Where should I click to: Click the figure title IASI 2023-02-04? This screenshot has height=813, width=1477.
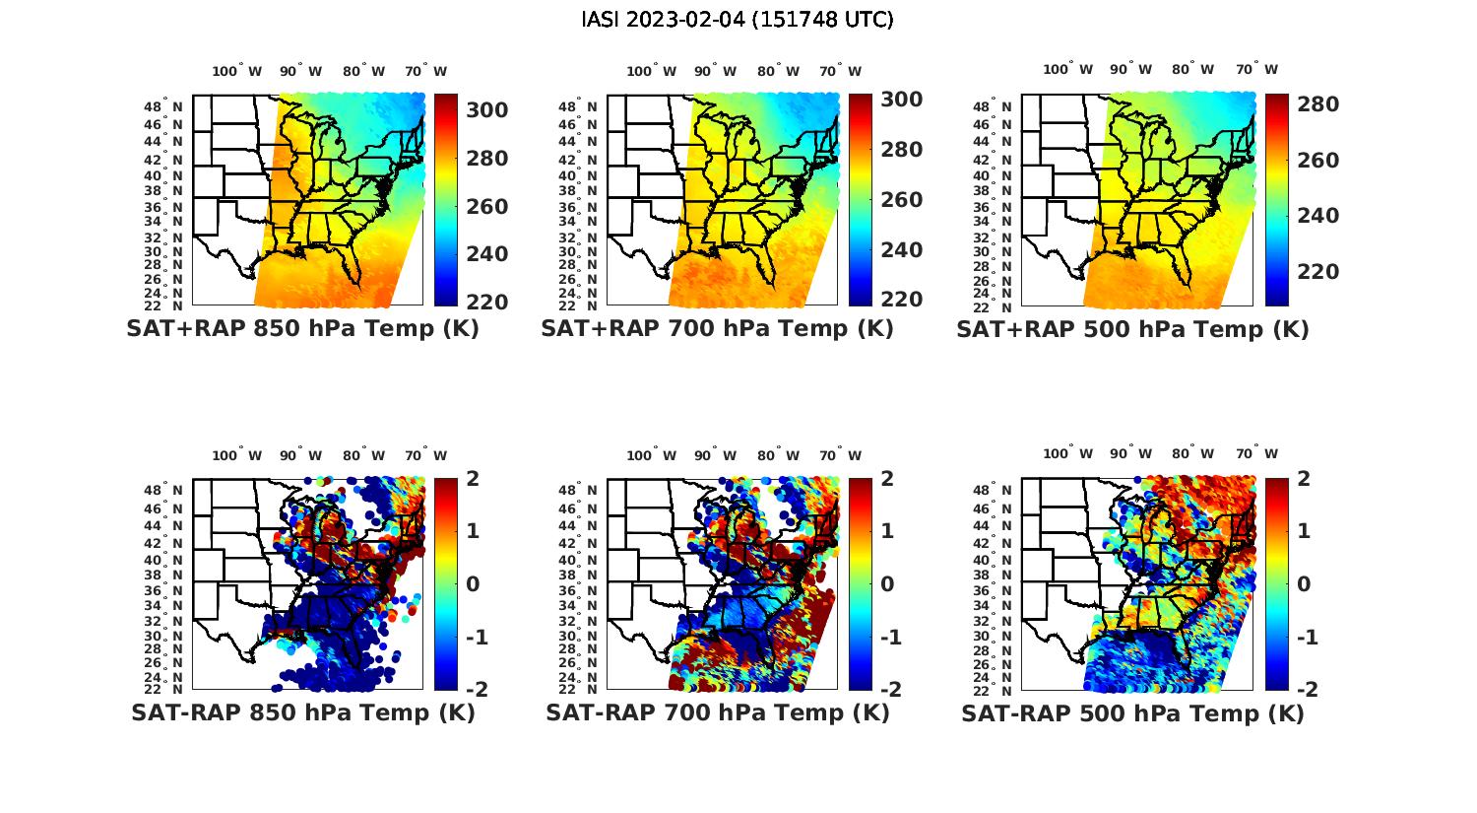738,20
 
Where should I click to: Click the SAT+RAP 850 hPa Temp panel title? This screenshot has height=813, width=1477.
302,329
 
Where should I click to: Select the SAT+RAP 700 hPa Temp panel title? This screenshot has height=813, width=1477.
717,329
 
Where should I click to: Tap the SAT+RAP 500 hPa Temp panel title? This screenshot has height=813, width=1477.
1132,329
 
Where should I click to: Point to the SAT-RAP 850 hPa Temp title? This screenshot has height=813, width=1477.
302,712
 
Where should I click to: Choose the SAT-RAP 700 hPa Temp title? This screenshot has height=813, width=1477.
717,712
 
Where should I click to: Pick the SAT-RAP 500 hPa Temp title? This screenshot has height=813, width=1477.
1132,712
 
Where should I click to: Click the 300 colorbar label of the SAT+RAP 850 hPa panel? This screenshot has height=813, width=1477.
486,110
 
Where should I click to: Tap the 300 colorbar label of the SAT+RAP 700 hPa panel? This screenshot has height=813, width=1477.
901,100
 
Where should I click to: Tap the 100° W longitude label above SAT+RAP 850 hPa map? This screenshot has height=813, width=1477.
236,71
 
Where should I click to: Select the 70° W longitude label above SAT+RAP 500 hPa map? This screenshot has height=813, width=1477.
1256,69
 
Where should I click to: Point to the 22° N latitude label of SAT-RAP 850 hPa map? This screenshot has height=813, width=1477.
163,689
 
